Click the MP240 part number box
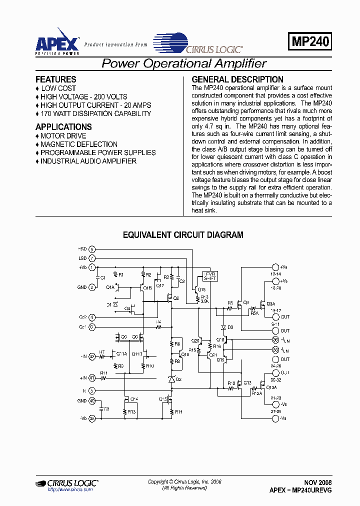tap(310, 42)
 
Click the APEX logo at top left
tap(57, 41)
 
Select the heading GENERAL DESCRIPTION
tap(237, 79)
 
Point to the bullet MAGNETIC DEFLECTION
tap(79, 144)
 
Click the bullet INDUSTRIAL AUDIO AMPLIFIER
tap(88, 161)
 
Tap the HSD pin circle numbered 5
tap(92, 249)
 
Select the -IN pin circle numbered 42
tap(92, 356)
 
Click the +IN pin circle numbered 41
tap(92, 378)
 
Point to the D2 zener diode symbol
tap(172, 379)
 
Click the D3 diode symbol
tap(223, 327)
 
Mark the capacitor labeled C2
tap(178, 278)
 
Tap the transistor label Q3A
tap(270, 303)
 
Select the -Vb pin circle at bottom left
tap(92, 418)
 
